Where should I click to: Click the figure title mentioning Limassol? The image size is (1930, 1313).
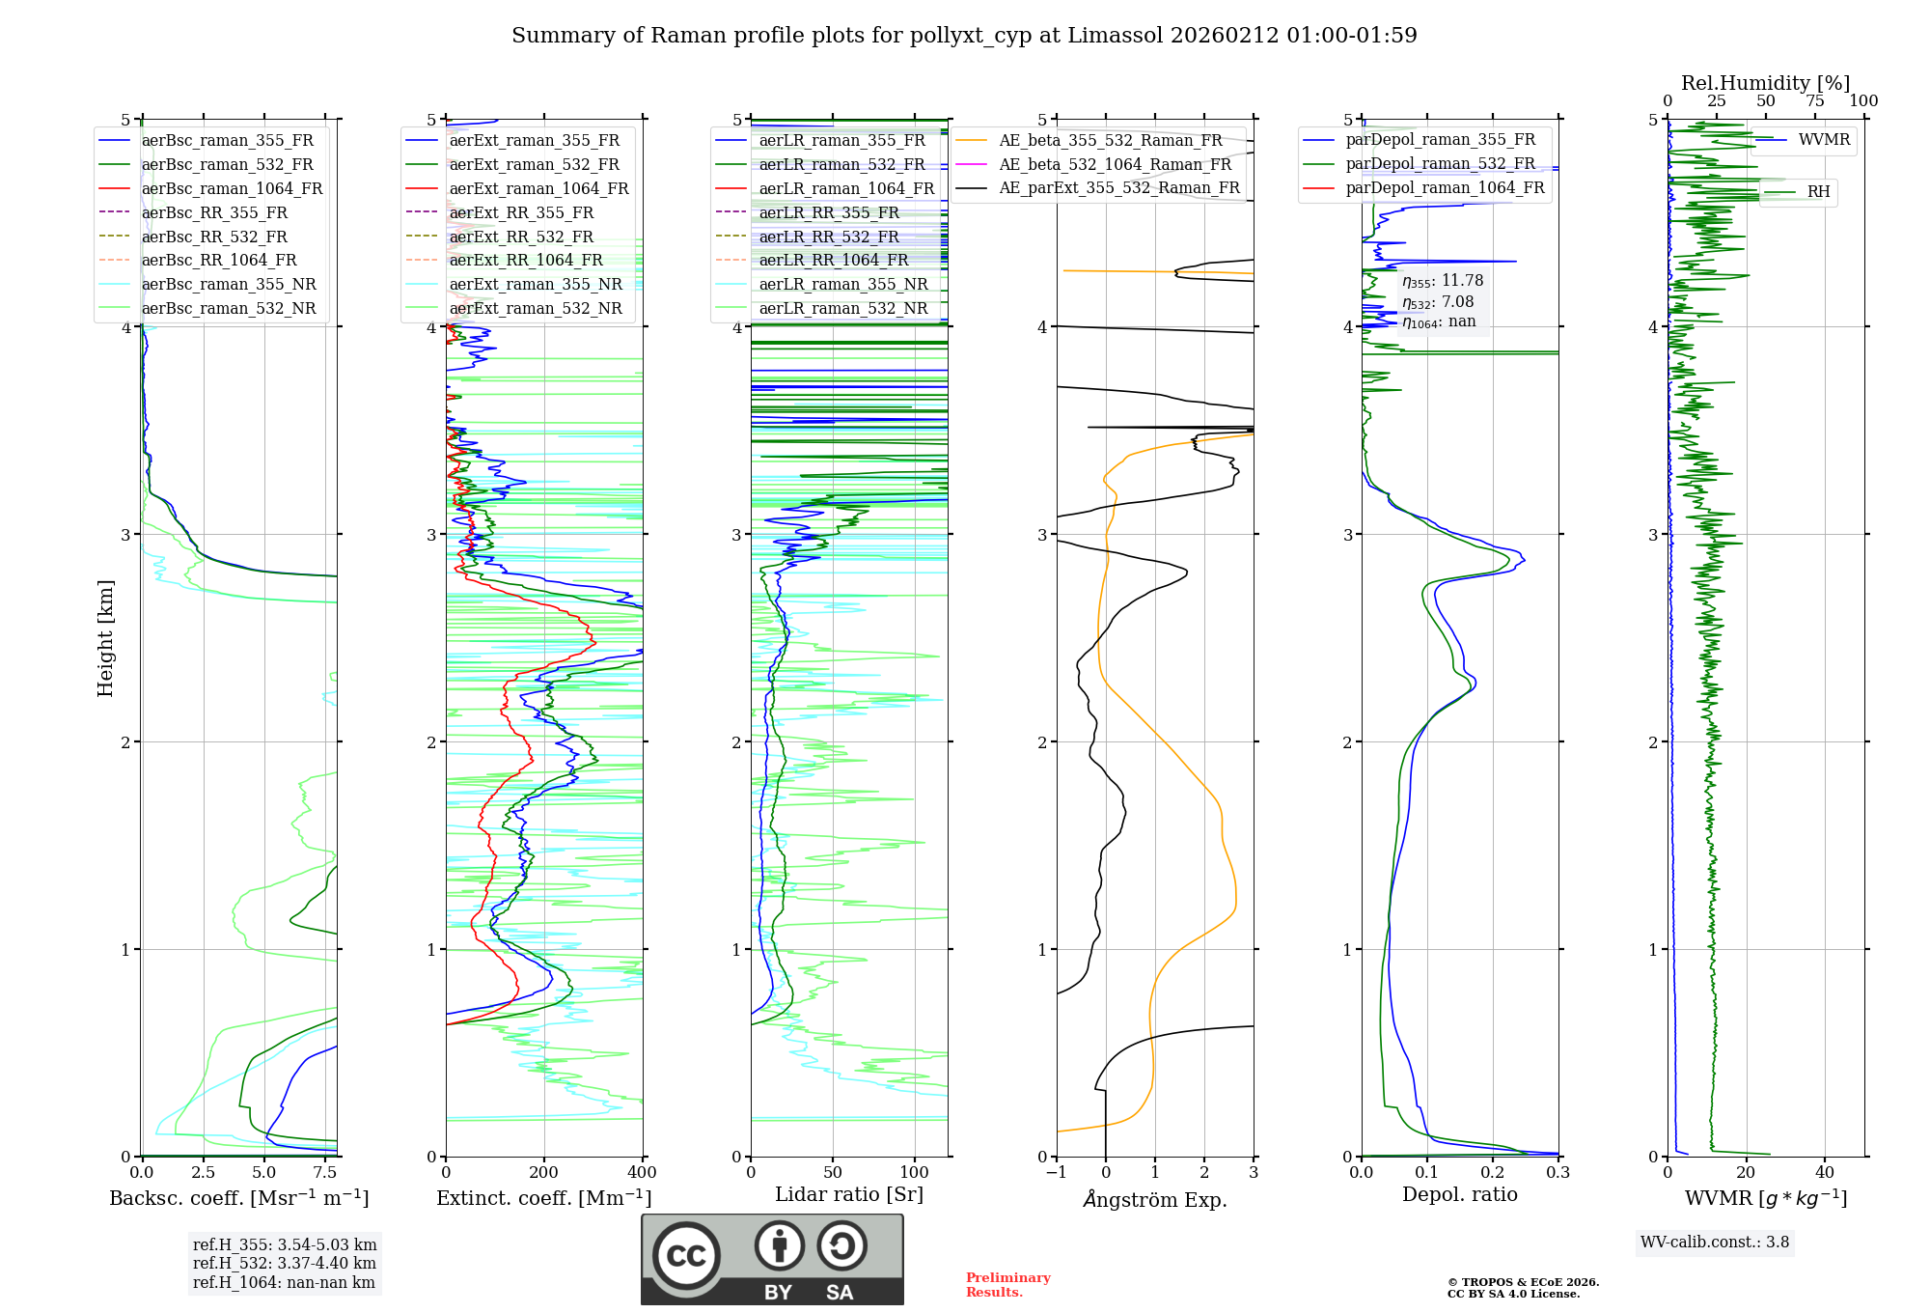pyautogui.click(x=964, y=36)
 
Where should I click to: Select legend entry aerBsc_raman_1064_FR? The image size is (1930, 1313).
pyautogui.click(x=232, y=188)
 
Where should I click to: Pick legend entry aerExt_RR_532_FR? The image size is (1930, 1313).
pyautogui.click(x=521, y=237)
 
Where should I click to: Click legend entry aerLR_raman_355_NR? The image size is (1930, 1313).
pyautogui.click(x=842, y=284)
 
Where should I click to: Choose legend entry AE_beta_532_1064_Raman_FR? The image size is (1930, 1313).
pyautogui.click(x=1115, y=164)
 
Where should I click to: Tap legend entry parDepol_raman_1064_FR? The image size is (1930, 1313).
pyautogui.click(x=1445, y=187)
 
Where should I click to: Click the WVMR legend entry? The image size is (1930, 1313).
pyautogui.click(x=1824, y=140)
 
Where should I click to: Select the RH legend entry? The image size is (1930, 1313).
pyautogui.click(x=1818, y=192)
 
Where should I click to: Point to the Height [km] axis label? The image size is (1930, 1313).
pyautogui.click(x=105, y=638)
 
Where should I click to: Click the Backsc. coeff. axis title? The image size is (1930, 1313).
pyautogui.click(x=239, y=1198)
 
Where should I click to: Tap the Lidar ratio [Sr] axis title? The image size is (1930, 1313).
pyautogui.click(x=849, y=1194)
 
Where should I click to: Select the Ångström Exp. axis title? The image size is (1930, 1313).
pyautogui.click(x=1155, y=1200)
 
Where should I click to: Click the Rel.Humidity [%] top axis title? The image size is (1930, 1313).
pyautogui.click(x=1766, y=83)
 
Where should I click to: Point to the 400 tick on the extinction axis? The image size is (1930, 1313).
pyautogui.click(x=643, y=1173)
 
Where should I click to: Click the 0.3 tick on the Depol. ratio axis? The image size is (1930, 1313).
pyautogui.click(x=1558, y=1173)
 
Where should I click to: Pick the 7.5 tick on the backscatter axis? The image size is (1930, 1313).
pyautogui.click(x=325, y=1173)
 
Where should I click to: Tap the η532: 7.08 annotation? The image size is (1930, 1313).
pyautogui.click(x=1438, y=302)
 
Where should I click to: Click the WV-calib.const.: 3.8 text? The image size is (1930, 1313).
pyautogui.click(x=1715, y=1243)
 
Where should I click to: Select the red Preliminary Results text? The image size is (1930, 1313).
pyautogui.click(x=1008, y=1285)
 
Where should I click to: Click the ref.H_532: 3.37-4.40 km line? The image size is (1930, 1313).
pyautogui.click(x=285, y=1264)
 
